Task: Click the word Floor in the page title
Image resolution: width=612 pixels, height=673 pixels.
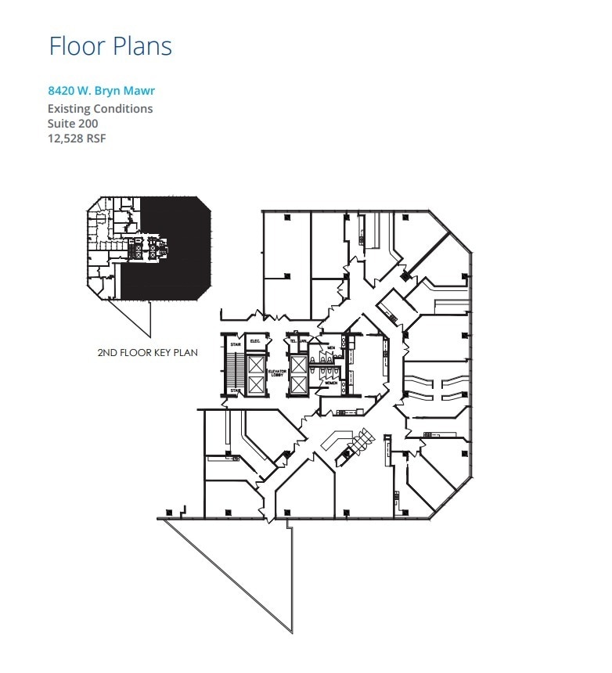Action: (x=77, y=45)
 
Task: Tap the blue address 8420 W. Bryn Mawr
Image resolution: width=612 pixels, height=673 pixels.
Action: (x=101, y=91)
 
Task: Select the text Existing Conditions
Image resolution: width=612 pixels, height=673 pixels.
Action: (x=100, y=109)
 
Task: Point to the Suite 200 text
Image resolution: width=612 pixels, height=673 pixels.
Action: (x=73, y=124)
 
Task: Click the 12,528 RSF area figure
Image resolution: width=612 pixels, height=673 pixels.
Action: (x=77, y=139)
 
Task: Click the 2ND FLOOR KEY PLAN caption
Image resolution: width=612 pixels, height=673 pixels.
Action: (x=147, y=352)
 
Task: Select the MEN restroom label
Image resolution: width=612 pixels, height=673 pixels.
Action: (x=332, y=348)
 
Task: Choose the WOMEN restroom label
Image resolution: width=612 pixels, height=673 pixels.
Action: (x=332, y=383)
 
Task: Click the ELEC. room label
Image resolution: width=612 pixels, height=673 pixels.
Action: (x=254, y=341)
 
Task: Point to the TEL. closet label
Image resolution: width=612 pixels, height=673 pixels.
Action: (x=293, y=341)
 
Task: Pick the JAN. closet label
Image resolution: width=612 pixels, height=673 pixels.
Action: (x=302, y=341)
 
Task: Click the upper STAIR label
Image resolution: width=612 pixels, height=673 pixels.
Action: (x=234, y=342)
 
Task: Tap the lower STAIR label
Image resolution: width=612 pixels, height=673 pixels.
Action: (x=234, y=390)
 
